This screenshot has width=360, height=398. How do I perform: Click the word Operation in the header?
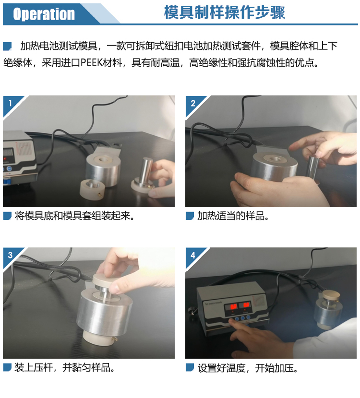click(x=44, y=14)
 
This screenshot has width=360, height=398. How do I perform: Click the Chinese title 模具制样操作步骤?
click(x=224, y=12)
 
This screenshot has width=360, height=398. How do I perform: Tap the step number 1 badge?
click(x=10, y=103)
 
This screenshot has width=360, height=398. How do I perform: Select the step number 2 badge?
click(x=193, y=103)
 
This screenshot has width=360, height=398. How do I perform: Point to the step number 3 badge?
click(x=10, y=255)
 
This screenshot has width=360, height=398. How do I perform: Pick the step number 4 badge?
click(x=193, y=255)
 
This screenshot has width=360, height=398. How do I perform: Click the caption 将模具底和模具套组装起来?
click(x=74, y=216)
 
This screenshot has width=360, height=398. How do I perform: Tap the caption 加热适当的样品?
click(x=233, y=216)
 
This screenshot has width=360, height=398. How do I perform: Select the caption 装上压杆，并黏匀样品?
click(x=64, y=367)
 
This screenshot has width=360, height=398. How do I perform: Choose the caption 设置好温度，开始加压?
click(x=248, y=368)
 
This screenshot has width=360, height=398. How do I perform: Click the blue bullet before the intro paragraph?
click(x=7, y=46)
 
